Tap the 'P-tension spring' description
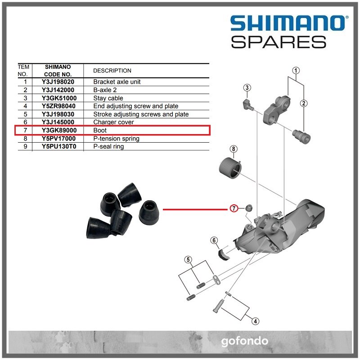point(116,139)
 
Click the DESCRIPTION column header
point(112,71)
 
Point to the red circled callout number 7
point(234,208)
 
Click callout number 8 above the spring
point(233,149)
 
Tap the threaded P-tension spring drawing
point(230,169)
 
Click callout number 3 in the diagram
point(247,87)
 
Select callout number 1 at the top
point(296,70)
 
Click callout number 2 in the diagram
point(304,103)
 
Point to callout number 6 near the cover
point(214,240)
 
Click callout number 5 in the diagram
point(189,260)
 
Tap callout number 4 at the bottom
point(255,321)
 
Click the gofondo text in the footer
point(244,341)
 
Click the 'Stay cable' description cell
point(108,98)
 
